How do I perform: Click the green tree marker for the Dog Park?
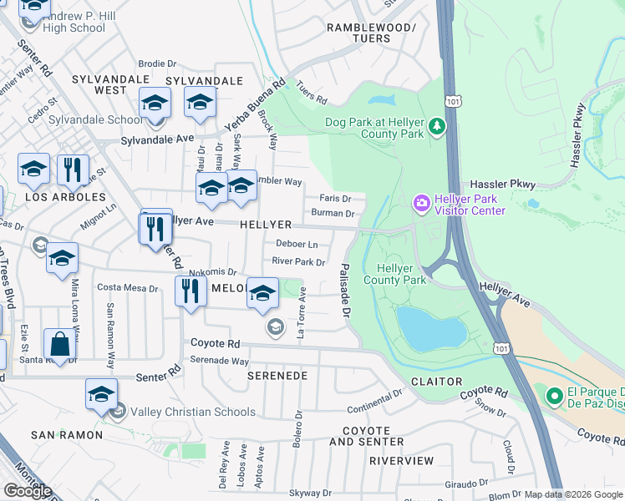(437, 127)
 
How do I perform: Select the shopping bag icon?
(61, 344)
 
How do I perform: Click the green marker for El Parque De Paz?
(553, 397)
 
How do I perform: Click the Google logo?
(28, 490)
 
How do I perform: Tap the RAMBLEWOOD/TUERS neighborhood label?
(370, 33)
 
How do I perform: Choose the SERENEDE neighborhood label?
(277, 376)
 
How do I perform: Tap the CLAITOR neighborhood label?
(436, 381)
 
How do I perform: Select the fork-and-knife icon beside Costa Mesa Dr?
(190, 291)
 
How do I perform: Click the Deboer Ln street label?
(297, 245)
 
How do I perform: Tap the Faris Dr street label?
(341, 198)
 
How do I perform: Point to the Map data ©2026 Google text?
(573, 494)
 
